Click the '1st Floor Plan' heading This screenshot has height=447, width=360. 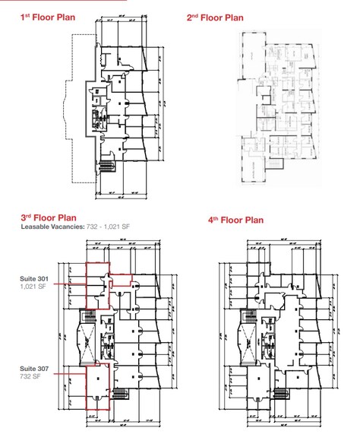pyautogui.click(x=47, y=16)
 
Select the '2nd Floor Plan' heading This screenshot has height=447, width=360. pyautogui.click(x=214, y=16)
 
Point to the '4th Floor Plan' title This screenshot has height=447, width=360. pyautogui.click(x=235, y=220)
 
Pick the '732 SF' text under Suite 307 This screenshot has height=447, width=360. pyautogui.click(x=30, y=377)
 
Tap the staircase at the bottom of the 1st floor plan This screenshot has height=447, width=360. pyautogui.click(x=106, y=163)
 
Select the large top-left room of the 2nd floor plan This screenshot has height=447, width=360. pyautogui.click(x=250, y=57)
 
